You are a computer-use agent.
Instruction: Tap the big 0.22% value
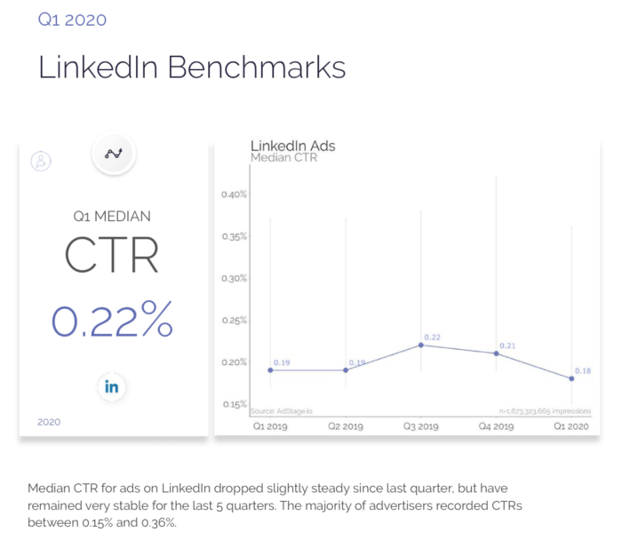coord(112,321)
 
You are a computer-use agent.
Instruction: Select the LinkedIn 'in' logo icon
coord(112,387)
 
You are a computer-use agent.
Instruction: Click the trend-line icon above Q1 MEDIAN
coord(113,153)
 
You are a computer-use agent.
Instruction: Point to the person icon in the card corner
coord(41,162)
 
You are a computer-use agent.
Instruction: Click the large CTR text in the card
coord(112,255)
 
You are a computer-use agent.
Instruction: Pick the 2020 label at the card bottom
coord(49,422)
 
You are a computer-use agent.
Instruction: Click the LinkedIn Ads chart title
coord(292,145)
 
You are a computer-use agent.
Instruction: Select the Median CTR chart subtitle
coord(284,158)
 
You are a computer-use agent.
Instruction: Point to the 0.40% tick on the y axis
coord(234,195)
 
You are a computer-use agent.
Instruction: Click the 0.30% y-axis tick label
coord(234,278)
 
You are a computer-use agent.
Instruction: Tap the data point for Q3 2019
coord(420,345)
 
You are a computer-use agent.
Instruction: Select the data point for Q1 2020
coord(571,378)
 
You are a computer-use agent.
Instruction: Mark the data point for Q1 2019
coord(270,369)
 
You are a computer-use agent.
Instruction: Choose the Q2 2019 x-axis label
coord(346,426)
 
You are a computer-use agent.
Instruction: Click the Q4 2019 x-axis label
coord(496,426)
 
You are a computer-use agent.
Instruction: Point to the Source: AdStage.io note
coord(275,410)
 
